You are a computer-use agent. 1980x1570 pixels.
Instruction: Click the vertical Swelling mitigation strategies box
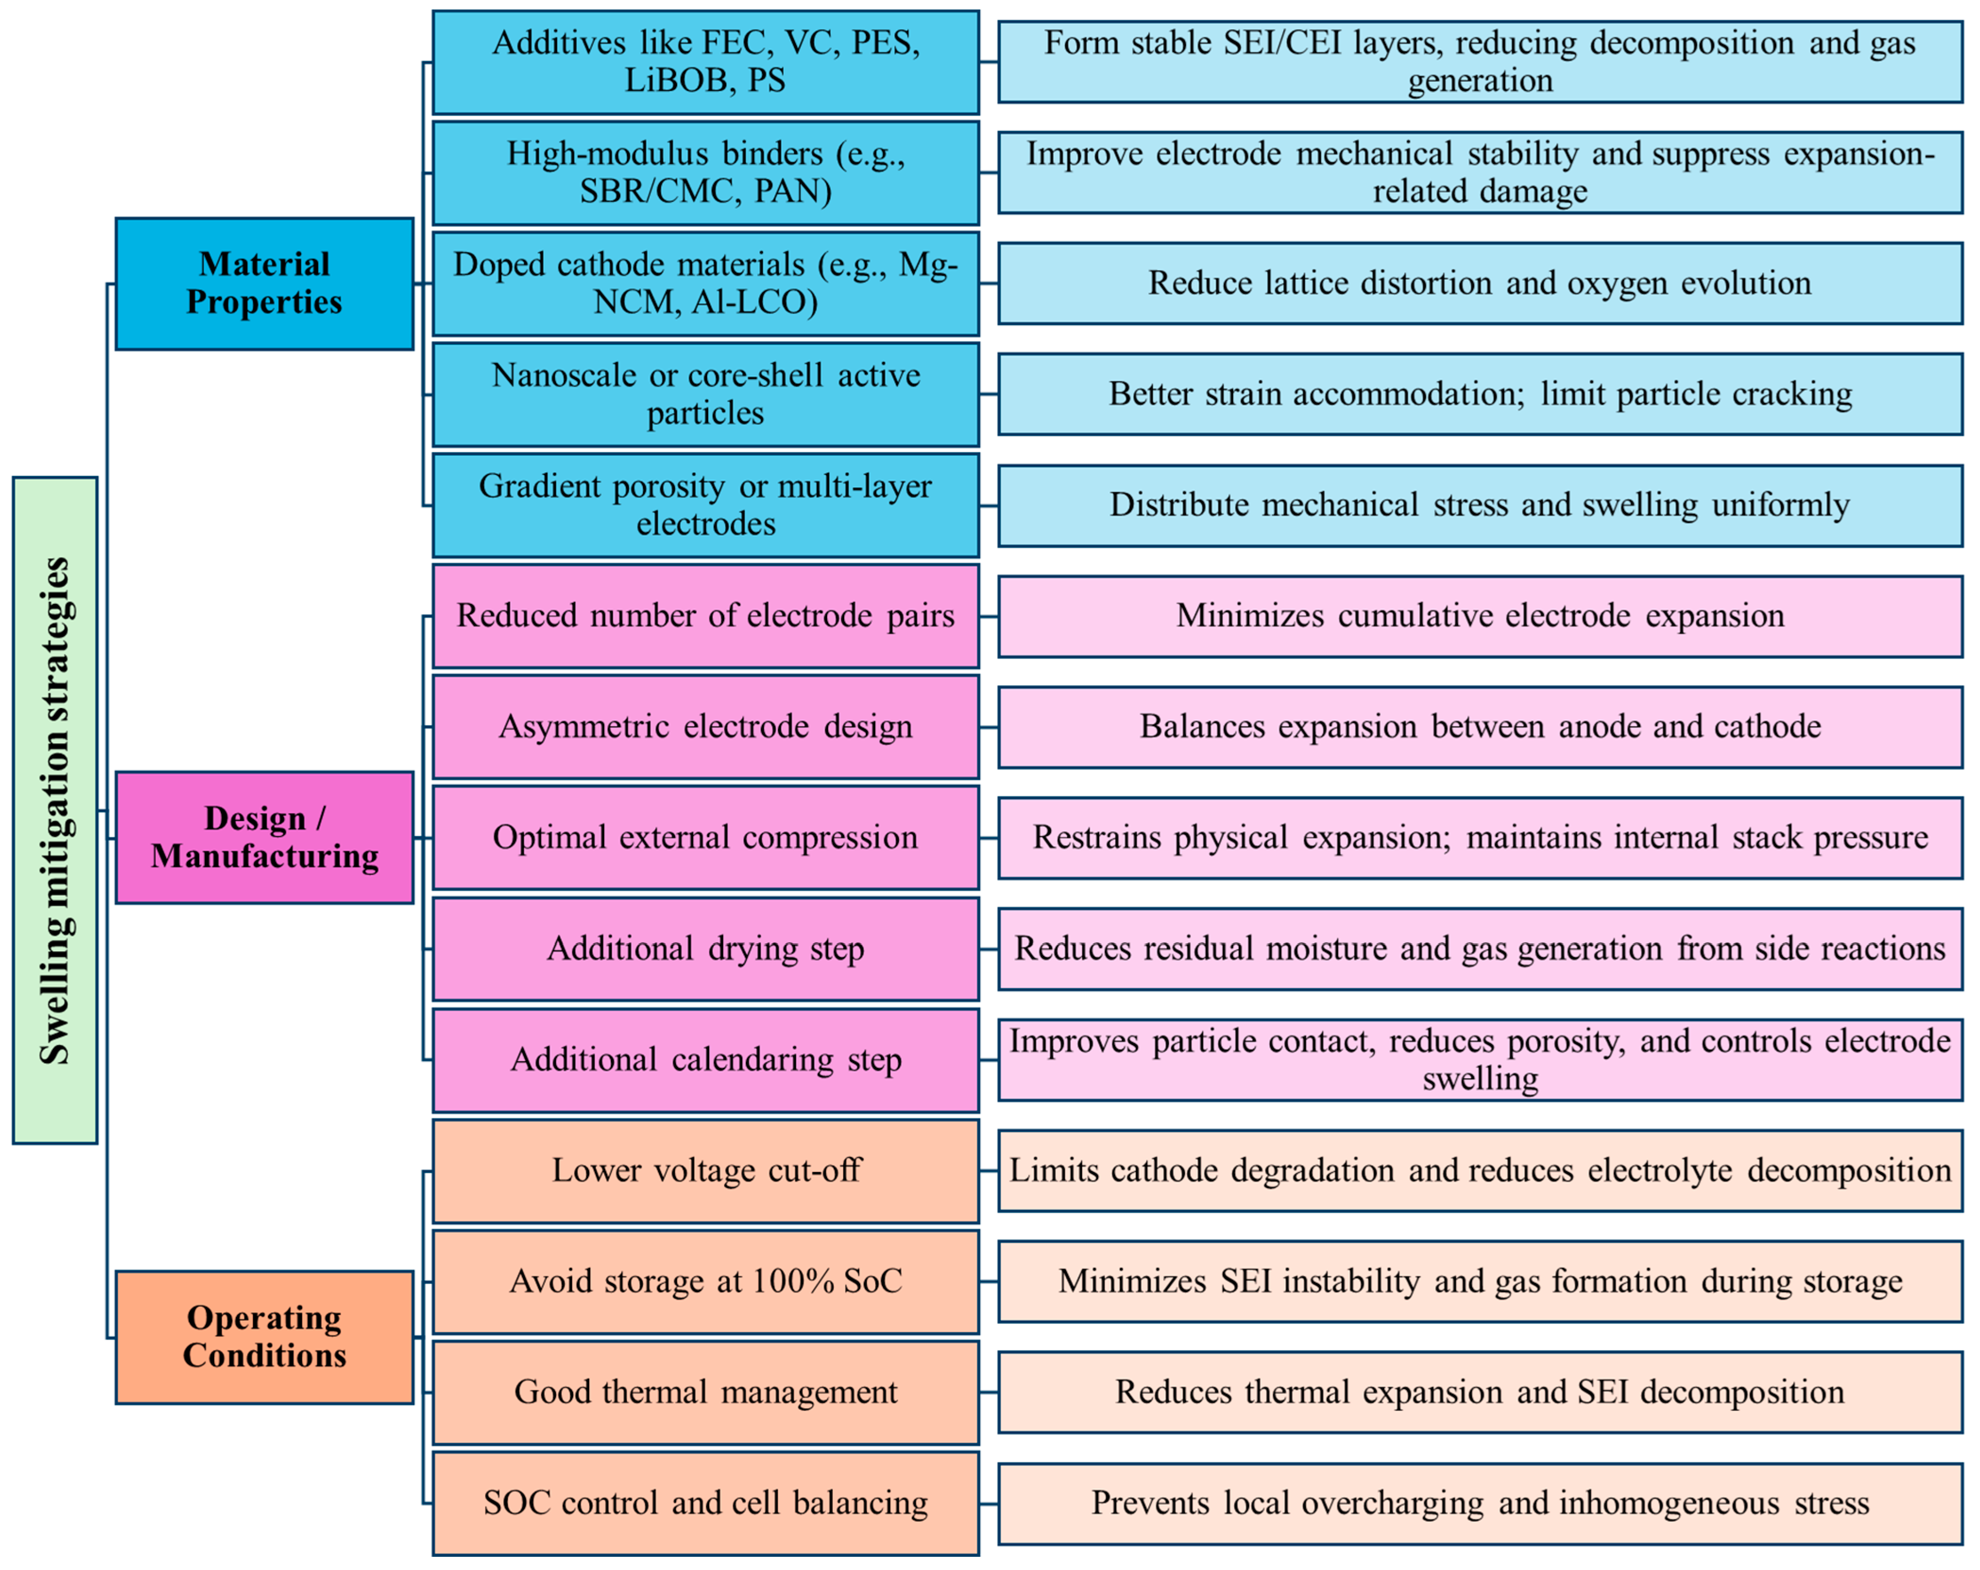55,810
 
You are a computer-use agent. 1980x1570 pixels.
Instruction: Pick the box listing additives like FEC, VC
705,61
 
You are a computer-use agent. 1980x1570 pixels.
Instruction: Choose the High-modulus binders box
705,173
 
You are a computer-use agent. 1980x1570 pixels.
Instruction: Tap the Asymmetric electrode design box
705,726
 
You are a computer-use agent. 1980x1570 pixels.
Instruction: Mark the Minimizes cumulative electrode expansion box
1480,615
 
